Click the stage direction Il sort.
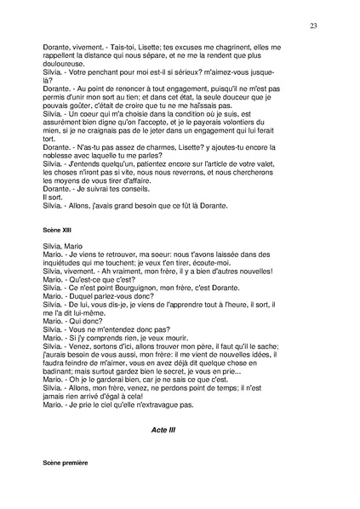[x=53, y=196]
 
